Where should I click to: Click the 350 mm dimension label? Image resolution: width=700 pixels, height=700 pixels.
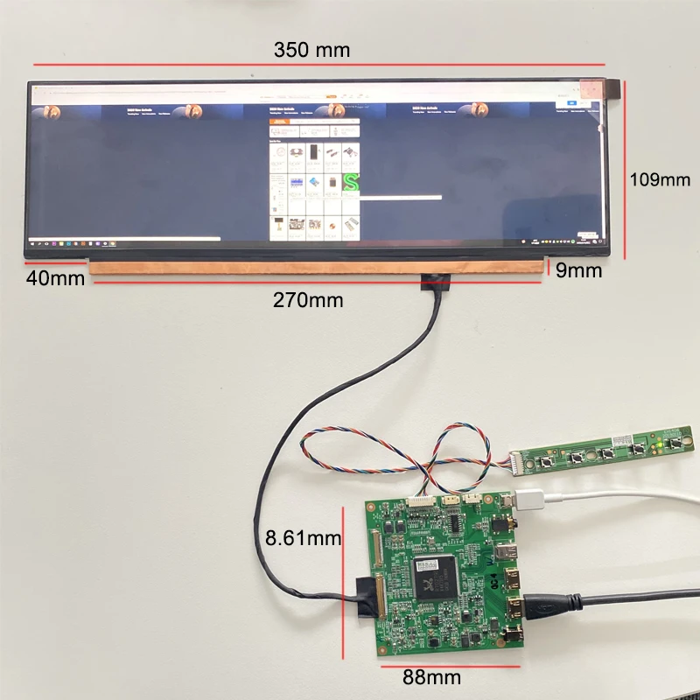311,50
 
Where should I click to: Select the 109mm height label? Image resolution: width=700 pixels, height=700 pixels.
661,179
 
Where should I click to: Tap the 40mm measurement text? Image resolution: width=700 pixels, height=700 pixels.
55,279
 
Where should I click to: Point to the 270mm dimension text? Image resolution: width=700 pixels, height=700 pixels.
307,300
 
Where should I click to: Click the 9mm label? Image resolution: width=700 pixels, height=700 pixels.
579,270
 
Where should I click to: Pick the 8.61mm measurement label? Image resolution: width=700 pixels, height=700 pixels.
303,537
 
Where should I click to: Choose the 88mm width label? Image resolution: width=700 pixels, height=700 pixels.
431,676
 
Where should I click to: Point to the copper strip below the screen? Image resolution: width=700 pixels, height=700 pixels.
315,265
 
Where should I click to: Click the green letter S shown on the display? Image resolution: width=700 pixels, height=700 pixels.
352,183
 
